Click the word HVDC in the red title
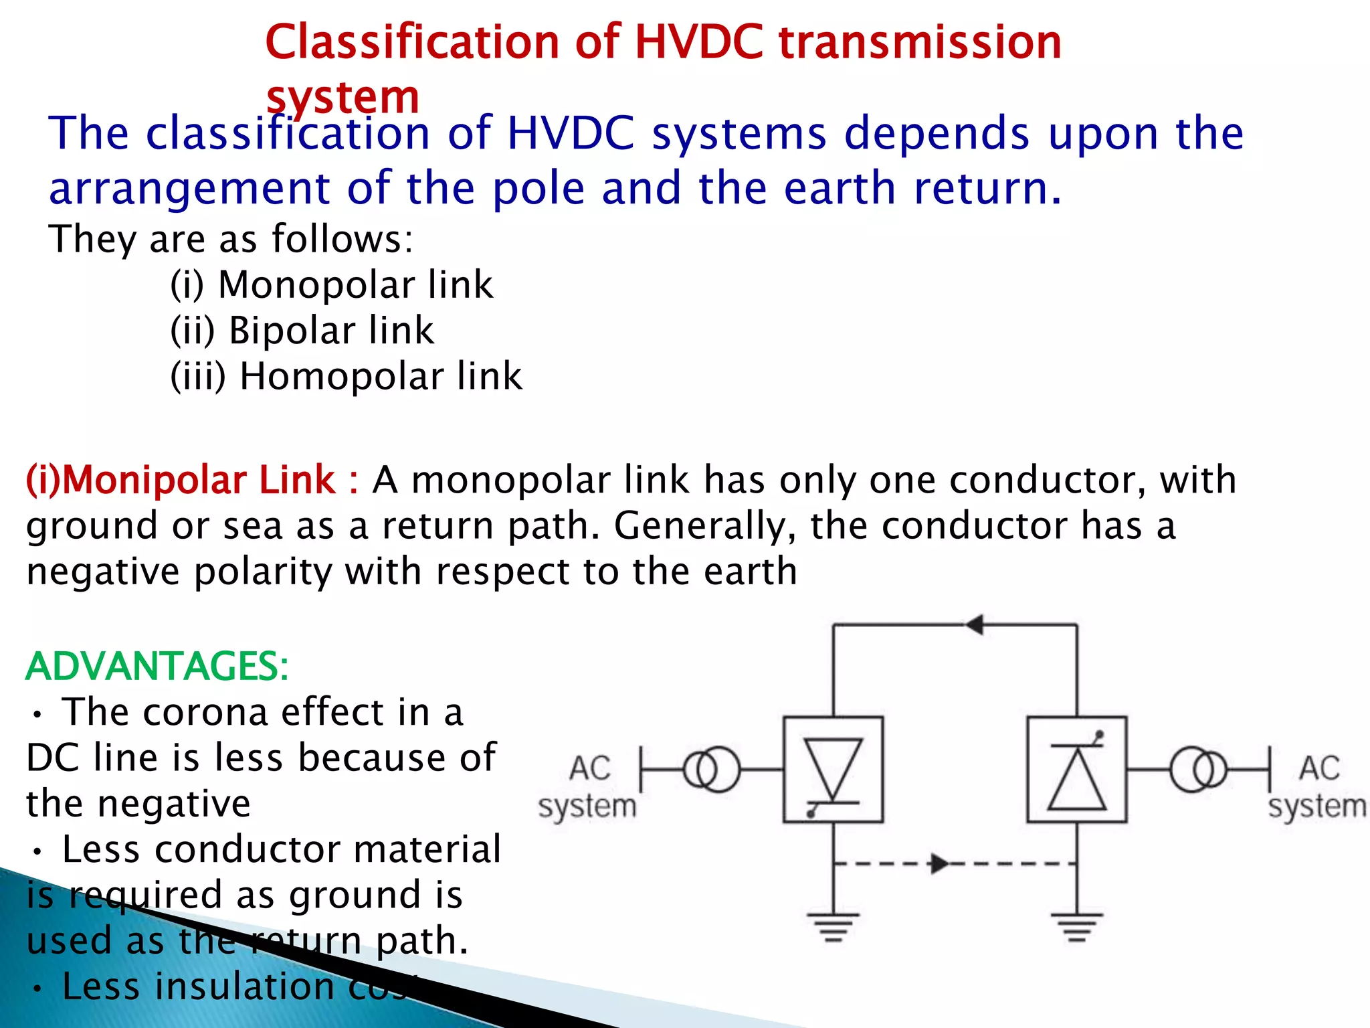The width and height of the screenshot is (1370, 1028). point(698,41)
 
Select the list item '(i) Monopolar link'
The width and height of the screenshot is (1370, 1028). point(331,284)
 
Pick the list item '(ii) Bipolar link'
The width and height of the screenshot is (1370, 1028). point(302,330)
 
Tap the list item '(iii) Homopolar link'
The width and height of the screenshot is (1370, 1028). point(346,375)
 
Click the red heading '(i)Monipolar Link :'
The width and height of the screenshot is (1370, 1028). point(192,480)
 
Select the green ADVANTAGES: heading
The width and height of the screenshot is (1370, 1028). point(157,666)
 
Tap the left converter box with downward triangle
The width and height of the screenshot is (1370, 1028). point(833,770)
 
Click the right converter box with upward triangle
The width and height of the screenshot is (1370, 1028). point(1076,770)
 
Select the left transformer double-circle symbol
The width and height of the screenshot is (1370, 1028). point(712,770)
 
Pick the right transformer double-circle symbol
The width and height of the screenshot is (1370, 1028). point(1198,770)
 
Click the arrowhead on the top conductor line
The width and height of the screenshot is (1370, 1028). point(974,624)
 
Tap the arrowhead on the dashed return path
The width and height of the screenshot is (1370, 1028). point(939,863)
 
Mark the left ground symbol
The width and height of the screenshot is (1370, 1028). point(833,926)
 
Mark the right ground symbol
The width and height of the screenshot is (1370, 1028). point(1076,926)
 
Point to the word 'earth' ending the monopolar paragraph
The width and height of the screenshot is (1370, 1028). point(751,572)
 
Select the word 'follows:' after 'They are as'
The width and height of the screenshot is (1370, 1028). point(342,239)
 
